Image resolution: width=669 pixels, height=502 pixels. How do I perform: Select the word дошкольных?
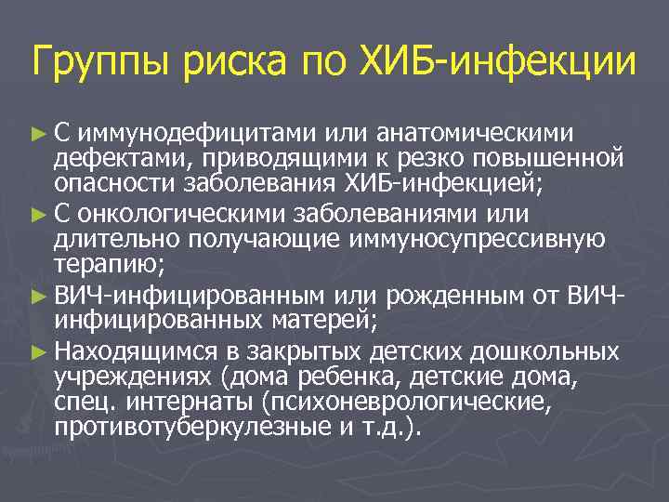542,353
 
